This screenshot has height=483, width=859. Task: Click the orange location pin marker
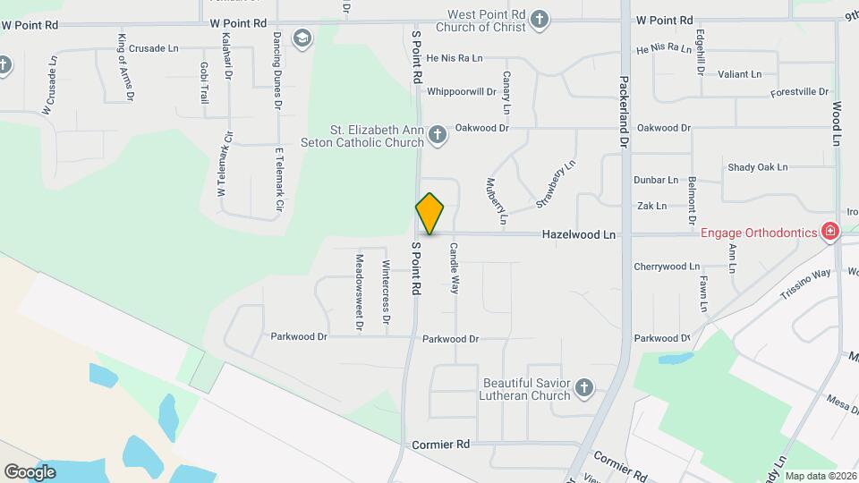429,214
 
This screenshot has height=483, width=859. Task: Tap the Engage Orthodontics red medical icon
830,233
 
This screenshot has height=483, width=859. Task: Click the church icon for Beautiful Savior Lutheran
583,388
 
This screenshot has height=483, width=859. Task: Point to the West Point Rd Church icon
539,19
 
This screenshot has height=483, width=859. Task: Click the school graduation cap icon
302,38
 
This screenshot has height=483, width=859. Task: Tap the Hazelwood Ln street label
579,234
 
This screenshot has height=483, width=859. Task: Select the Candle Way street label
455,268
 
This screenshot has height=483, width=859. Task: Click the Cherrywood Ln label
667,267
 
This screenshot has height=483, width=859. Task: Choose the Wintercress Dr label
387,292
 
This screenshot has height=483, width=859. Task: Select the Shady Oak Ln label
757,167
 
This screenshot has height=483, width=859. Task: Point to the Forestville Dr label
799,92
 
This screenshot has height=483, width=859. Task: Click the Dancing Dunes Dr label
277,72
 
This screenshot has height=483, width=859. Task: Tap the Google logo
30,471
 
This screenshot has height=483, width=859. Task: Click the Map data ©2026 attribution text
821,476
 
